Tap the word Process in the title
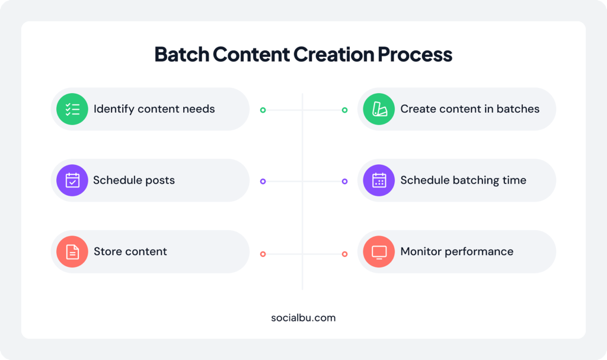click(x=415, y=54)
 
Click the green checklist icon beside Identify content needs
click(x=72, y=109)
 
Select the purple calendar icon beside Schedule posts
click(x=72, y=180)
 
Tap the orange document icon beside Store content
click(x=72, y=251)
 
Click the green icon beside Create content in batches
click(x=379, y=109)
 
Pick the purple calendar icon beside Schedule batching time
click(x=379, y=180)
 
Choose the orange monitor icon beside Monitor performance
click(x=379, y=251)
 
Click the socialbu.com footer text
click(x=303, y=317)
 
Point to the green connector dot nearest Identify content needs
click(x=263, y=110)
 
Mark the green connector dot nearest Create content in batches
click(x=344, y=110)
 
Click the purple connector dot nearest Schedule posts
click(x=263, y=181)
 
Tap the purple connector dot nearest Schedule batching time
click(x=344, y=181)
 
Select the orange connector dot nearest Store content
click(x=263, y=254)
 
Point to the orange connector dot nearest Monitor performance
click(x=344, y=254)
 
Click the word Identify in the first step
click(x=113, y=109)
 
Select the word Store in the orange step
click(x=108, y=251)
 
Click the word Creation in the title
click(x=334, y=54)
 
